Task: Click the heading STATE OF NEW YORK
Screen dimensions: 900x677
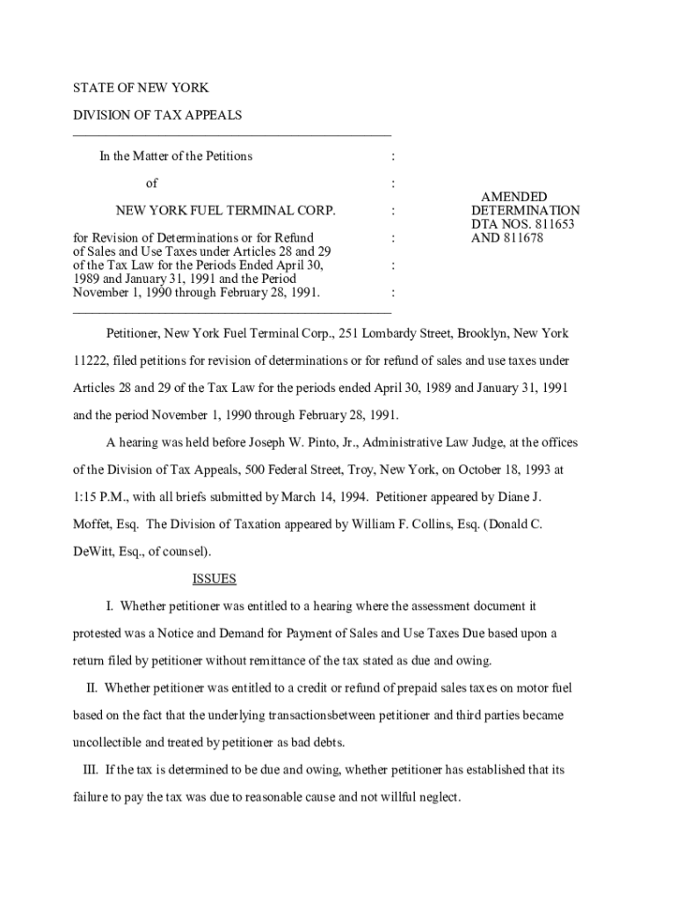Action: tap(140, 89)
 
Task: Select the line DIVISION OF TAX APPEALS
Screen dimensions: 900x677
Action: tap(157, 115)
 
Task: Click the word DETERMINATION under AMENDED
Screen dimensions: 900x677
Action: tap(525, 211)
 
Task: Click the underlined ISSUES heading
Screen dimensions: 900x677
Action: tap(215, 579)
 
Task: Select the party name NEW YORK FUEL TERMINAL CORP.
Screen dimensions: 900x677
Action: tap(226, 211)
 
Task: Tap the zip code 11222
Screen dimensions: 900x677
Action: tap(89, 361)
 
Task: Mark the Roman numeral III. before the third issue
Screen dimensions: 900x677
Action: tap(91, 770)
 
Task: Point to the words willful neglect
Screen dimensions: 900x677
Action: tap(417, 797)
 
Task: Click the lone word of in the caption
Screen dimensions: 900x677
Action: tap(151, 184)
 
